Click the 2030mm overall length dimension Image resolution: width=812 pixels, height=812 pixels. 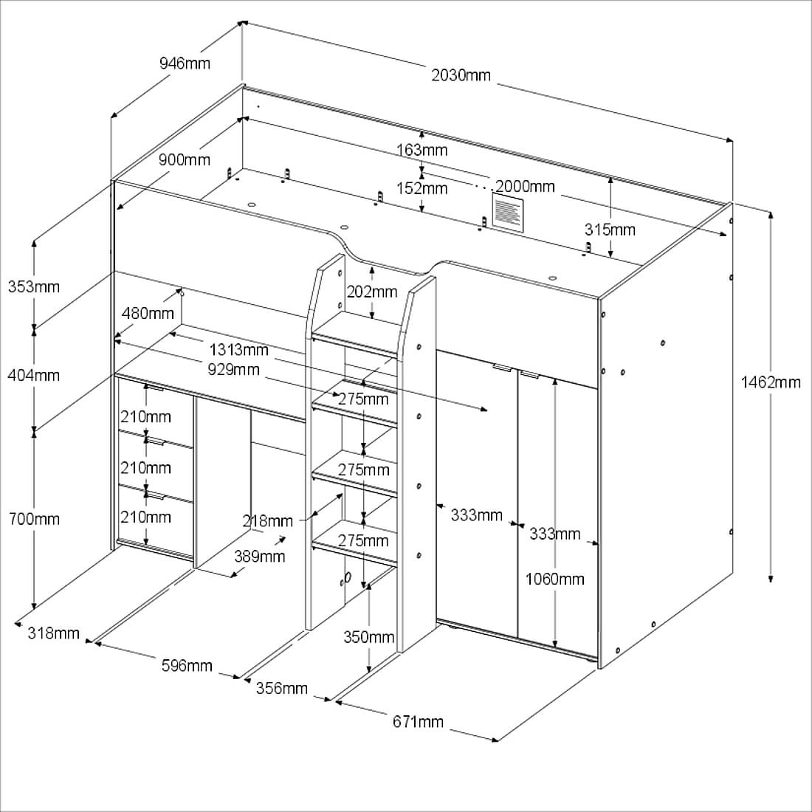[461, 75]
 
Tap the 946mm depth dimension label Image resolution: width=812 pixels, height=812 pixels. [185, 63]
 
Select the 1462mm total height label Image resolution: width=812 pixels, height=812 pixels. [771, 382]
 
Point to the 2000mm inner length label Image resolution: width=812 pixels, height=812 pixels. [525, 186]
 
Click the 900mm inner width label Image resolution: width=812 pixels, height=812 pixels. [184, 159]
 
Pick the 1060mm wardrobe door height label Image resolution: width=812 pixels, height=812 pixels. [554, 579]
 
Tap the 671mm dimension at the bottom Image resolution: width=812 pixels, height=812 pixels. [419, 721]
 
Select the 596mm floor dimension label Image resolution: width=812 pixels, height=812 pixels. [187, 666]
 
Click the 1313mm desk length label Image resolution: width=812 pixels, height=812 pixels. [238, 350]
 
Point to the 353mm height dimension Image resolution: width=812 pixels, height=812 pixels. [33, 286]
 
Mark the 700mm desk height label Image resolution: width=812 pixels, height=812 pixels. [33, 519]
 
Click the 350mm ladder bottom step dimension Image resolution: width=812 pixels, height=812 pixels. [369, 636]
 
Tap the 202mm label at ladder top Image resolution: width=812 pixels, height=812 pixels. [373, 292]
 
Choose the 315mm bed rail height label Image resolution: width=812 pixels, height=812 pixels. [610, 230]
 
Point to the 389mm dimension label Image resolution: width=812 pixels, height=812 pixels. [260, 556]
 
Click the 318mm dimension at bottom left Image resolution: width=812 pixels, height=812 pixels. [53, 633]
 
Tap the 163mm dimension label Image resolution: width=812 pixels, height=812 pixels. [422, 151]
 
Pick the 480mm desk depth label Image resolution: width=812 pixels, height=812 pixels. [148, 314]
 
